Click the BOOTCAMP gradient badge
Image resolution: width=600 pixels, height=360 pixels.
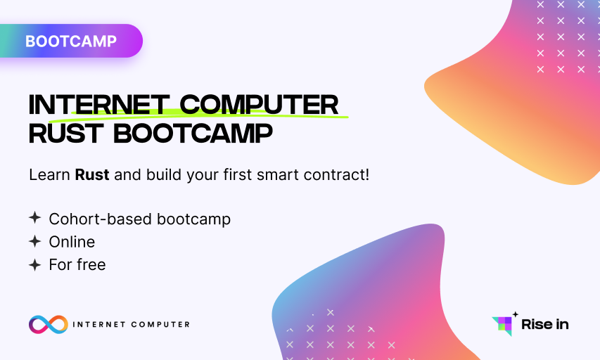pyautogui.click(x=71, y=41)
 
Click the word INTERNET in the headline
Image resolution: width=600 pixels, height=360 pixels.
pyautogui.click(x=99, y=105)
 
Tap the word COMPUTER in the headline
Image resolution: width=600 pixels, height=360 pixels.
pyautogui.click(x=259, y=105)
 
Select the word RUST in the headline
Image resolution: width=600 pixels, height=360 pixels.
pyautogui.click(x=66, y=134)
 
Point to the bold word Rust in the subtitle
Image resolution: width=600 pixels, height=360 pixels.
pyautogui.click(x=92, y=175)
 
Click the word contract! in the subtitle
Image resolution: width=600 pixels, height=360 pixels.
pyautogui.click(x=336, y=175)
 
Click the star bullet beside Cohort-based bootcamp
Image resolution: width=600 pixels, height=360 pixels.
pyautogui.click(x=35, y=218)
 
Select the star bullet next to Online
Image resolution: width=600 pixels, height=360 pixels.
pyautogui.click(x=35, y=241)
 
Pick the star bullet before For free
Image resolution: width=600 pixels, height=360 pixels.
pyautogui.click(x=35, y=264)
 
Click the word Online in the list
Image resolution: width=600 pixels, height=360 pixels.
pyautogui.click(x=72, y=242)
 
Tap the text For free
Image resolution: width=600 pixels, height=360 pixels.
pyautogui.click(x=77, y=265)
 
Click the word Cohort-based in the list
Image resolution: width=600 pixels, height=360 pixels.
pyautogui.click(x=101, y=219)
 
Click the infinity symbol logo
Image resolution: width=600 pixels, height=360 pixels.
pyautogui.click(x=49, y=324)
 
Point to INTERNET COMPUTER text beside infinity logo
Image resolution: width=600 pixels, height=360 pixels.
pyautogui.click(x=132, y=324)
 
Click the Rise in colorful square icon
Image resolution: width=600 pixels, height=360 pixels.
pyautogui.click(x=503, y=326)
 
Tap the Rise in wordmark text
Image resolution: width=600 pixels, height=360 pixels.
pyautogui.click(x=545, y=324)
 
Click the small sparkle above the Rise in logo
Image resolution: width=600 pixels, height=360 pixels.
pyautogui.click(x=516, y=314)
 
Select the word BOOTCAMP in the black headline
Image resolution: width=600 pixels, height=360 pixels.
pyautogui.click(x=193, y=134)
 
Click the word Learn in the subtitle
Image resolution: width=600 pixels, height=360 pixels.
pyautogui.click(x=50, y=175)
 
